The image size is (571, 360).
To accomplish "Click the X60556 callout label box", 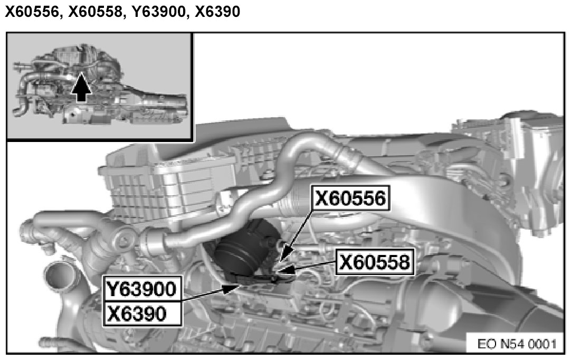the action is (351, 198).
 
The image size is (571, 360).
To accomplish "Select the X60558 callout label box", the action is (374, 262).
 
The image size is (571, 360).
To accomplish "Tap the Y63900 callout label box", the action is (142, 289).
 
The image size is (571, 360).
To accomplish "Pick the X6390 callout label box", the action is (142, 314).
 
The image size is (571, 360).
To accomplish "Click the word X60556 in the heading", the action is (32, 12).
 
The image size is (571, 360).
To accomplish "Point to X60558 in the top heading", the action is (96, 12).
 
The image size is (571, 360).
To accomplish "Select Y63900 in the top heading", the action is (158, 12).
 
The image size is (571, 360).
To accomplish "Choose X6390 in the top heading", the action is (217, 12).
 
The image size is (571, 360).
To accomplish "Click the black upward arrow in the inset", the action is (81, 87).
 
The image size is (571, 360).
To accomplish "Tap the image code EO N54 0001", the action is (517, 344).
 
